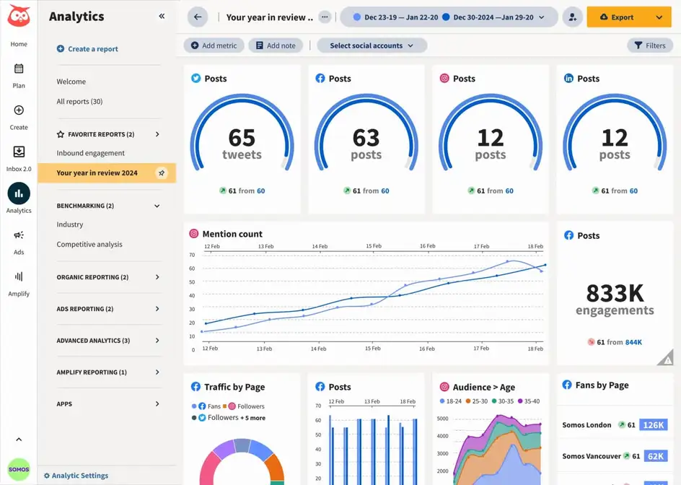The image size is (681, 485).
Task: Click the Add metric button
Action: click(214, 45)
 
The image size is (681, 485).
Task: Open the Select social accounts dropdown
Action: click(372, 45)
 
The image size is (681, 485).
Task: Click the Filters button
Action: click(649, 45)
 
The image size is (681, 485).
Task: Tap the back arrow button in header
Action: click(197, 17)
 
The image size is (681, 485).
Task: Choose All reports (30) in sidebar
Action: click(79, 102)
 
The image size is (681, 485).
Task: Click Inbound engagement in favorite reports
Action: click(90, 153)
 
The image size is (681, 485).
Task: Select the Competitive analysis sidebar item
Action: click(89, 245)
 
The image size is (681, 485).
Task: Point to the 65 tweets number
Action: click(242, 137)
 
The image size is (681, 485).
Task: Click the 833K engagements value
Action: click(615, 293)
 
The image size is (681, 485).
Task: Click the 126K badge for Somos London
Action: click(653, 425)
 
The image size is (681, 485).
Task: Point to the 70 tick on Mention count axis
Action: click(192, 255)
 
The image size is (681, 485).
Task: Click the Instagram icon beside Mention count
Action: click(193, 234)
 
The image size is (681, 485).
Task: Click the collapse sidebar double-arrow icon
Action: click(162, 16)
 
